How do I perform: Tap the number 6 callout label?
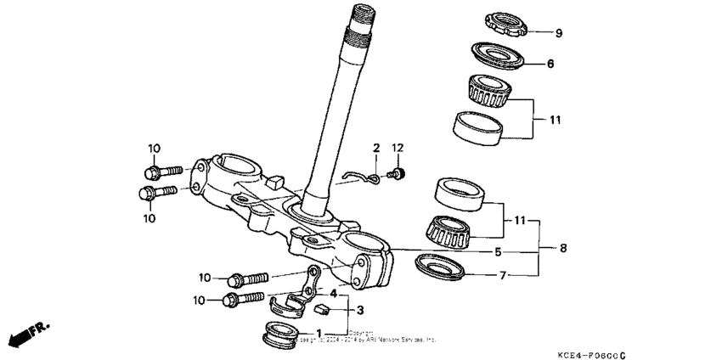pos(550,63)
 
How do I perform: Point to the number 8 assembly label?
pos(562,250)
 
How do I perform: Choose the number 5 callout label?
pos(498,252)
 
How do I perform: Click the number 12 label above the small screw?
pos(397,149)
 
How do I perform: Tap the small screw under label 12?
pos(395,174)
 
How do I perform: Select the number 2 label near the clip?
pos(375,149)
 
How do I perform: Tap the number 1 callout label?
pos(319,334)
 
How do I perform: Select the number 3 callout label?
pos(336,311)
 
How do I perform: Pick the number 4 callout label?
pos(334,294)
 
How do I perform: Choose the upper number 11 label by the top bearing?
pos(555,121)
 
